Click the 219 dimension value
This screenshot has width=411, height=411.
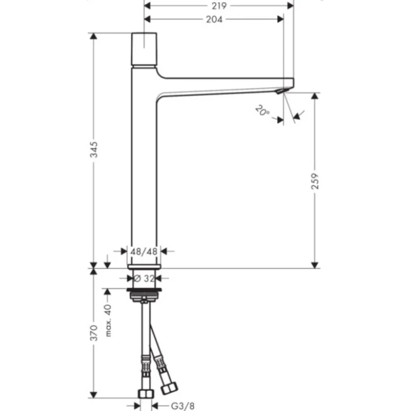220,5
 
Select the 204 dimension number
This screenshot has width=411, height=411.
215,19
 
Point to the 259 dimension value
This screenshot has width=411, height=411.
315,180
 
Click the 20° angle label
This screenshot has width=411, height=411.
262,110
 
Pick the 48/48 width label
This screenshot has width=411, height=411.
144,251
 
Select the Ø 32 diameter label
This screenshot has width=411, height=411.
144,278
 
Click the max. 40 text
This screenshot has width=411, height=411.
109,319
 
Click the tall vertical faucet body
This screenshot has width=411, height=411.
144,176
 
